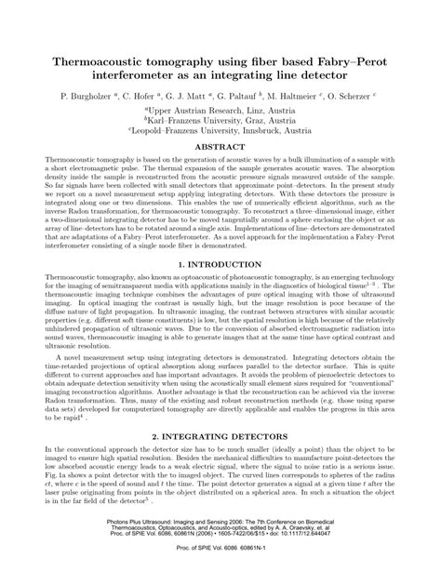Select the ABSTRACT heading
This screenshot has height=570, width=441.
click(220, 146)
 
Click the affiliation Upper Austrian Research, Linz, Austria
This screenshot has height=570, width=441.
click(220, 110)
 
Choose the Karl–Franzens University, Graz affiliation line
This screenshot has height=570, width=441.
click(220, 121)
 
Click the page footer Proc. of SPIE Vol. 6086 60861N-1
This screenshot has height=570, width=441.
click(220, 558)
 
